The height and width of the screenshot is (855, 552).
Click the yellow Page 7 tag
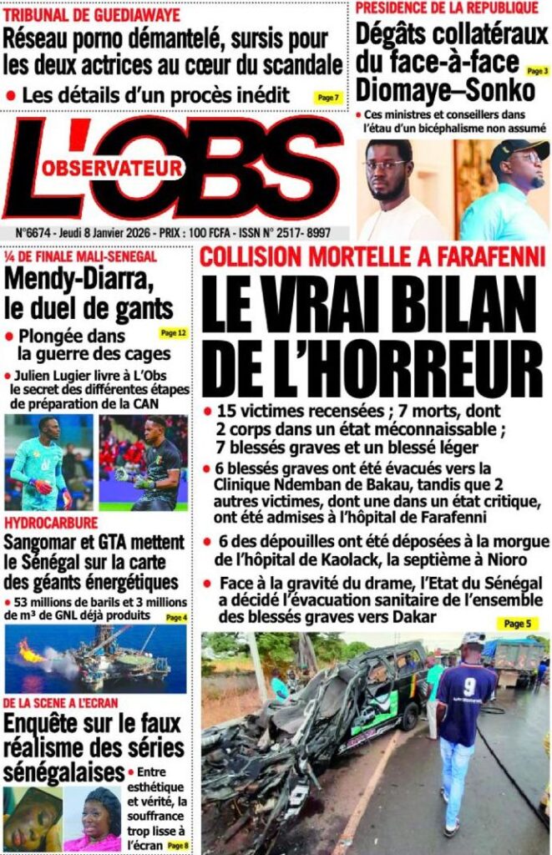point(328,98)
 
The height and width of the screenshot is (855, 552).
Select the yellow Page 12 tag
point(173,333)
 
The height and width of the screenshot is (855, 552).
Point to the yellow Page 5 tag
point(518,623)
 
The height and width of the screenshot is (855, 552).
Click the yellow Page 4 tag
point(175,617)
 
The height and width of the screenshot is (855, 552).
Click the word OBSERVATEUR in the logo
point(112,169)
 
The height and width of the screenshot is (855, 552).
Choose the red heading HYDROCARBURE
point(50,523)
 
